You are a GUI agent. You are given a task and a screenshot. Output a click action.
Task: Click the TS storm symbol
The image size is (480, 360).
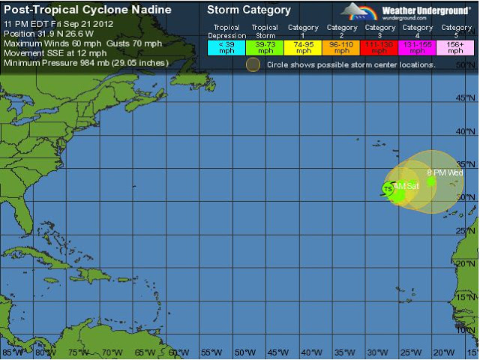pos(388,189)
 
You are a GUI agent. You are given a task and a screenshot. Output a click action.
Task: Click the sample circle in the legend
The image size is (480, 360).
pos(253,64)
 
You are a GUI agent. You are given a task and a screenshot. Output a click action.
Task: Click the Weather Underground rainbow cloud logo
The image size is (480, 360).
pos(358,12)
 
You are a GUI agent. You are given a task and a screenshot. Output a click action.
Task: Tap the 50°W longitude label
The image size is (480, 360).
pos(244,352)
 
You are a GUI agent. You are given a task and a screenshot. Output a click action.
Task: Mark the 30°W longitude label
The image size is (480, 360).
pos(376,352)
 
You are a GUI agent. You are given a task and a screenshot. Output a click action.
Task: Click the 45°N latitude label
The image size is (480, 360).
pos(468,98)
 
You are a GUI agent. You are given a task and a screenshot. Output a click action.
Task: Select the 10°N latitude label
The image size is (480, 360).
pos(468,328)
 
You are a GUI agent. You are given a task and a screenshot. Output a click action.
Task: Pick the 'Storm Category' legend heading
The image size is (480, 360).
pos(248,10)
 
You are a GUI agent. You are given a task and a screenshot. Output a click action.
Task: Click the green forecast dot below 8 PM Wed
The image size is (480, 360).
pos(431,181)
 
